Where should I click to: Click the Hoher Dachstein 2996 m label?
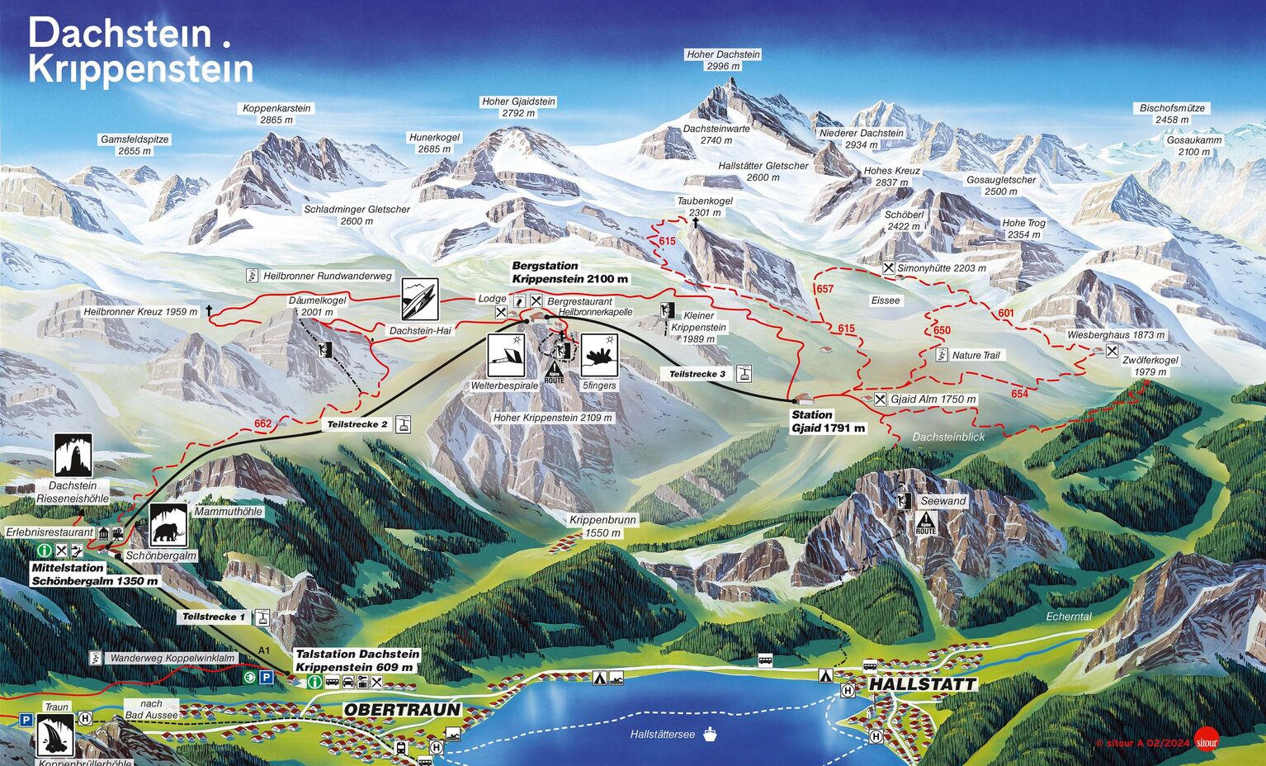coord(723,60)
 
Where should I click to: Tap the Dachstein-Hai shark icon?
coord(420,300)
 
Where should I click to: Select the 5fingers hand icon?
coord(599,356)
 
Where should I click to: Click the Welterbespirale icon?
coord(506,356)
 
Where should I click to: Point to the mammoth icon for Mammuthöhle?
coord(168,524)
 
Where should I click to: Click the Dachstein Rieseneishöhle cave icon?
coord(73,456)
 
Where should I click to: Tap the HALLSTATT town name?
coord(922,684)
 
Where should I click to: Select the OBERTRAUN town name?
coord(402,710)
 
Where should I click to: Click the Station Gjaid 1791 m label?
coord(828,421)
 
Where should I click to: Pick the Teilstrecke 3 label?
coord(697,374)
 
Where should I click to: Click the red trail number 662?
coord(262,423)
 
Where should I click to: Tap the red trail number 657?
coord(824,289)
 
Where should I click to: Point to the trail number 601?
coord(1006,313)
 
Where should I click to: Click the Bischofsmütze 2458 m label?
coord(1172,114)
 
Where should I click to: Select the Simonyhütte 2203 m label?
coord(941,268)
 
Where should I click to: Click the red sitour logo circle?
coord(1207,740)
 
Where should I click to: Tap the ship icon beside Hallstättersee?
coord(710,734)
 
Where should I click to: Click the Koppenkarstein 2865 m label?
coord(276,114)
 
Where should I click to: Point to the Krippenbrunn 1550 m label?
coord(602,527)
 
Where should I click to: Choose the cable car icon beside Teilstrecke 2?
coord(404,424)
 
